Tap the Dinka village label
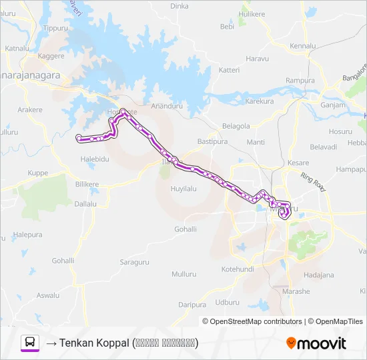click(x=179, y=6)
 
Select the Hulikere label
click(x=252, y=13)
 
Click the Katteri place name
click(x=229, y=70)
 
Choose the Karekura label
click(x=260, y=101)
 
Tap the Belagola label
click(x=236, y=126)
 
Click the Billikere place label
click(x=87, y=183)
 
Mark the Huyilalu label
click(x=183, y=189)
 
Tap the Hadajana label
click(x=318, y=275)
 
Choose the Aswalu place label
click(x=47, y=295)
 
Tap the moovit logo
click(x=316, y=343)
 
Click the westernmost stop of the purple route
click(x=79, y=138)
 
